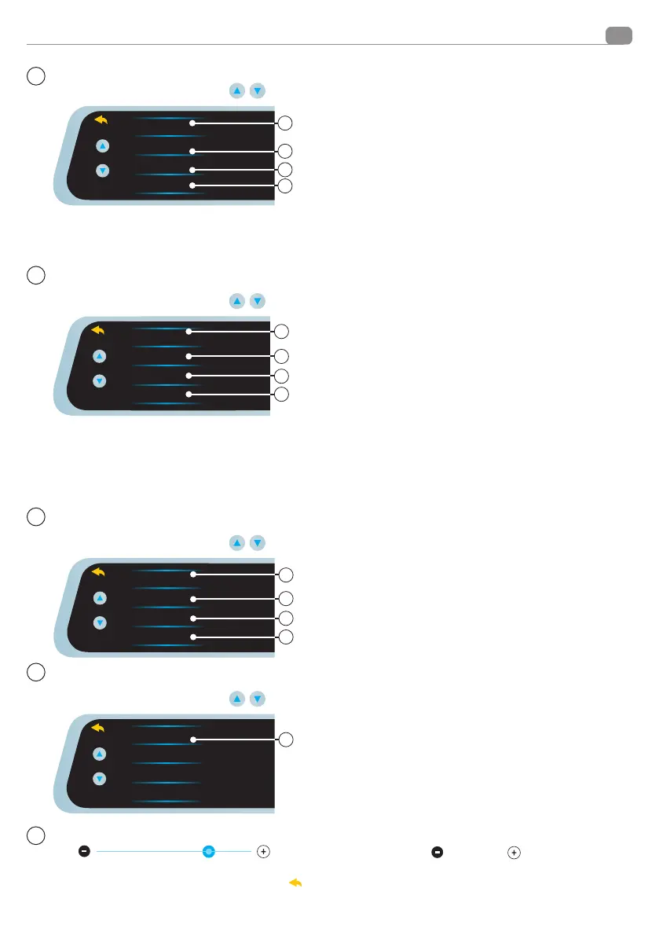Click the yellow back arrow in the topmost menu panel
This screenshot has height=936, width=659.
pyautogui.click(x=99, y=120)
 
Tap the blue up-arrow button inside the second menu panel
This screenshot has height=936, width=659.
pyautogui.click(x=99, y=356)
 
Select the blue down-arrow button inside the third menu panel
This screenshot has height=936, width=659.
pyautogui.click(x=99, y=622)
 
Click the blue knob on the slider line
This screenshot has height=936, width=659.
pyautogui.click(x=209, y=851)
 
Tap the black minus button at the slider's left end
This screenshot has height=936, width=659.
pyautogui.click(x=84, y=851)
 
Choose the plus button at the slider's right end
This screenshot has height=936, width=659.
pyautogui.click(x=263, y=851)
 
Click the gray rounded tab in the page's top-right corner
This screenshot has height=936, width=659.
pyautogui.click(x=619, y=36)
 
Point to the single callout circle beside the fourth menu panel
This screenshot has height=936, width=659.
pyautogui.click(x=287, y=740)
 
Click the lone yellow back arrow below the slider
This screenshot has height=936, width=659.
pyautogui.click(x=296, y=883)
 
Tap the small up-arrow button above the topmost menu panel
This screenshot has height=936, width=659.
pyautogui.click(x=236, y=90)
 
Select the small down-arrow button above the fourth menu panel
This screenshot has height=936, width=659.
pyautogui.click(x=257, y=699)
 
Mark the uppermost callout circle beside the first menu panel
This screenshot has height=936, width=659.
pyautogui.click(x=287, y=123)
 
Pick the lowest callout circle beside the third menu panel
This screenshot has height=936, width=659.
pyautogui.click(x=287, y=636)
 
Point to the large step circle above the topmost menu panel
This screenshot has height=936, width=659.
pyautogui.click(x=35, y=76)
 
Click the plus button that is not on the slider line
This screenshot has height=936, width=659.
pyautogui.click(x=513, y=851)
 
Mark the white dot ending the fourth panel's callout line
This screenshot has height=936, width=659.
pyautogui.click(x=192, y=740)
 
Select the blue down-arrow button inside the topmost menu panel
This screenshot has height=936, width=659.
pyautogui.click(x=101, y=171)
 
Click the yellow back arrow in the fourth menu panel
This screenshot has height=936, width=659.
pyautogui.click(x=99, y=729)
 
